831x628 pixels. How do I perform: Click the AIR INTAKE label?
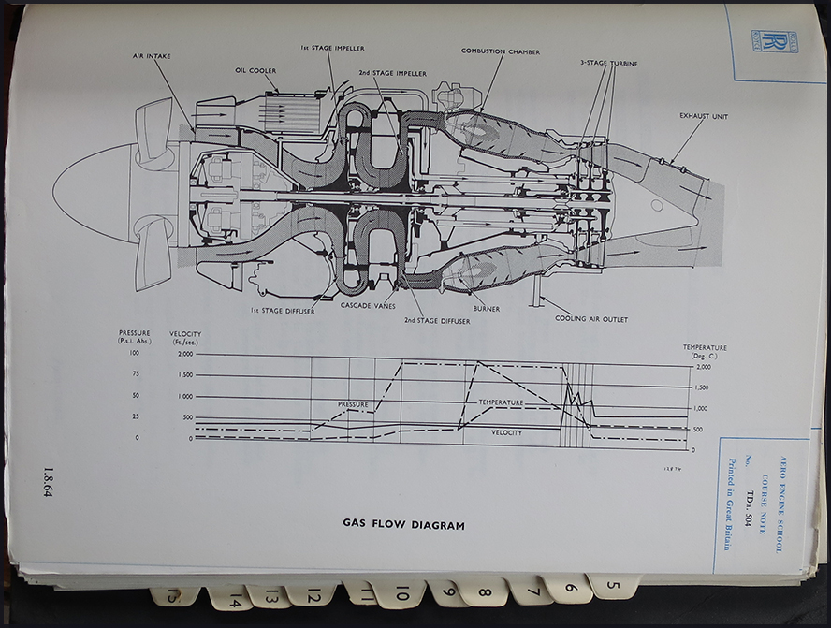pyautogui.click(x=152, y=56)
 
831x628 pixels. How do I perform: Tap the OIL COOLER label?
pyautogui.click(x=255, y=70)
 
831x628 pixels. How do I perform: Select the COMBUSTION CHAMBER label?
pyautogui.click(x=500, y=51)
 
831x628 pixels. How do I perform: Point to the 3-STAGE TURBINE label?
pyautogui.click(x=608, y=63)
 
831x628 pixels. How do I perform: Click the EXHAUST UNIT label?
pyautogui.click(x=704, y=116)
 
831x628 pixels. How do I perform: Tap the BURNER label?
pyautogui.click(x=486, y=308)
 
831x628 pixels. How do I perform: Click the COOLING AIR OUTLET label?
pyautogui.click(x=591, y=319)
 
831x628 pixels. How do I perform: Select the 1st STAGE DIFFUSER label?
pyautogui.click(x=283, y=311)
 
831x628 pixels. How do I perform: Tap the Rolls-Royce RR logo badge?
pyautogui.click(x=775, y=41)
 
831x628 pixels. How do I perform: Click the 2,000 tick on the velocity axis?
pyautogui.click(x=182, y=354)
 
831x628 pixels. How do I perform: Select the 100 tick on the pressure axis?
pyautogui.click(x=135, y=354)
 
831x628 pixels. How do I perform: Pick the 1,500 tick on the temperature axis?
pyautogui.click(x=700, y=387)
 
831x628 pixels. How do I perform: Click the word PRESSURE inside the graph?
pyautogui.click(x=353, y=404)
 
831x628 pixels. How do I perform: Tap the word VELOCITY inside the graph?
pyautogui.click(x=506, y=432)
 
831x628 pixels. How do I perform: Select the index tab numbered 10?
pyautogui.click(x=401, y=592)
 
